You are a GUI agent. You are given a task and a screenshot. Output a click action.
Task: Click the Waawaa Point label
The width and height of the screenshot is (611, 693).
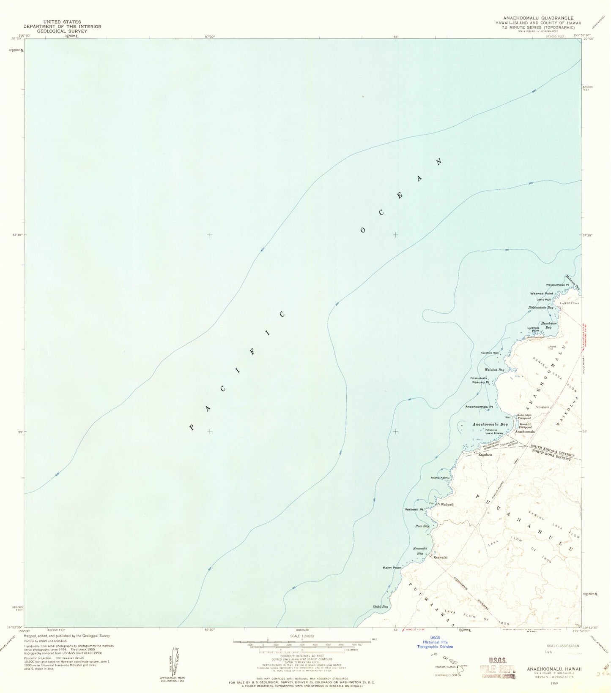542,293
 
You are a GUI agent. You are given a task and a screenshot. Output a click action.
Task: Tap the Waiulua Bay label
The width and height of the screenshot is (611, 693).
495,370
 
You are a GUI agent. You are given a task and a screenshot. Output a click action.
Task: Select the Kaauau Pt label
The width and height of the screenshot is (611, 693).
481,382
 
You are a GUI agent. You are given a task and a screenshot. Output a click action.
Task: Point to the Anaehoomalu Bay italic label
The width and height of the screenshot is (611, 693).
490,424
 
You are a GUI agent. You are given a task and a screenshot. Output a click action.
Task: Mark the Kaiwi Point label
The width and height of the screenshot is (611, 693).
392,568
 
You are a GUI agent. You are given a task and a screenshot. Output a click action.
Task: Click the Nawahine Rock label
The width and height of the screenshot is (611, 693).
490,353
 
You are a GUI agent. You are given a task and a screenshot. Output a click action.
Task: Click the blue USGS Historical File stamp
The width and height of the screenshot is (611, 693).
435,642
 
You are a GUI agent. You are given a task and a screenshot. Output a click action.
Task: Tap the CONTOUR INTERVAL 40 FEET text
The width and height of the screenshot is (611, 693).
302,656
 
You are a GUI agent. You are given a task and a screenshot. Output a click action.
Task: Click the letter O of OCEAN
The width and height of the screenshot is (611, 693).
363,230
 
